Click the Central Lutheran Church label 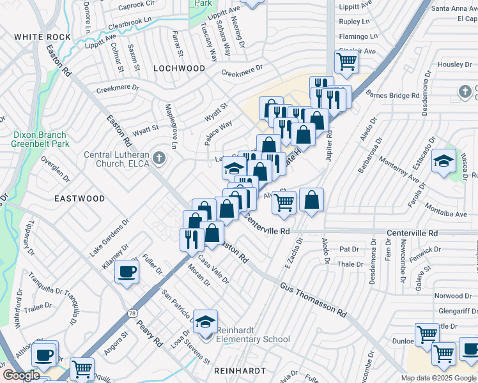click(x=116, y=159)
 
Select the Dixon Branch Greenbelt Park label click(x=38, y=139)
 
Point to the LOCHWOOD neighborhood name click(x=180, y=68)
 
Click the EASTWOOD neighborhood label click(x=79, y=199)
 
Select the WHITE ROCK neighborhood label click(x=41, y=37)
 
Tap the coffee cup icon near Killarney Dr click(x=126, y=273)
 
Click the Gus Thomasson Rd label click(x=313, y=300)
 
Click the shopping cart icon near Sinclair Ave click(x=346, y=62)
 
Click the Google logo click(x=21, y=375)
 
